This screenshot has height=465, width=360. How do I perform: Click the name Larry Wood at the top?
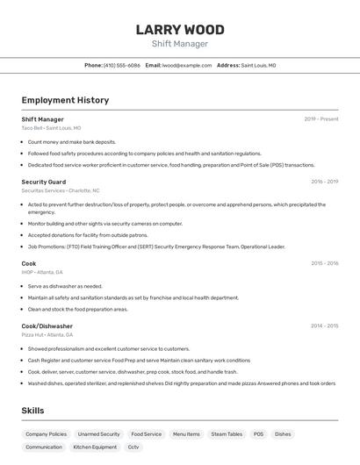(180, 30)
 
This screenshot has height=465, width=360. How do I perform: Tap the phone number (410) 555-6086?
(121, 65)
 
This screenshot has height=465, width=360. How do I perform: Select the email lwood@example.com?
(187, 65)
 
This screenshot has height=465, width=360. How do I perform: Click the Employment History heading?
(65, 100)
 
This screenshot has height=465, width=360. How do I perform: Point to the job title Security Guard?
(44, 182)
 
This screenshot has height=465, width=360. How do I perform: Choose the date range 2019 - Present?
(320, 119)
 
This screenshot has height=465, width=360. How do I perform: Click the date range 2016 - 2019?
(324, 182)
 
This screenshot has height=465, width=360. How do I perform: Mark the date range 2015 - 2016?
(324, 263)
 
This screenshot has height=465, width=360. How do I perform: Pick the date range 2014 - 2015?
(324, 325)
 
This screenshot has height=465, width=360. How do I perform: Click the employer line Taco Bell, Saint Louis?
(51, 128)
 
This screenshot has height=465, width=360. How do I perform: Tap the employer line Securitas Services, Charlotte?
(61, 190)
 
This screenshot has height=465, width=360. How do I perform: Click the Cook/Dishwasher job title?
(47, 325)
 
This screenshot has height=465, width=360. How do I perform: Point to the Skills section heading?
(32, 411)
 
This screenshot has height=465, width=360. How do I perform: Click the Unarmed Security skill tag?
(98, 434)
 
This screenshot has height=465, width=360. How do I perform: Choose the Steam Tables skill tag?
(227, 434)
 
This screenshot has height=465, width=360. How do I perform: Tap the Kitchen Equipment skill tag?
(95, 447)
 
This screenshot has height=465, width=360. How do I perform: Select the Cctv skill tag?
(133, 447)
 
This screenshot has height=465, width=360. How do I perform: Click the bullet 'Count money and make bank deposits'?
(71, 141)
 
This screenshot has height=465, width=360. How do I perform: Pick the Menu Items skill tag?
(186, 434)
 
